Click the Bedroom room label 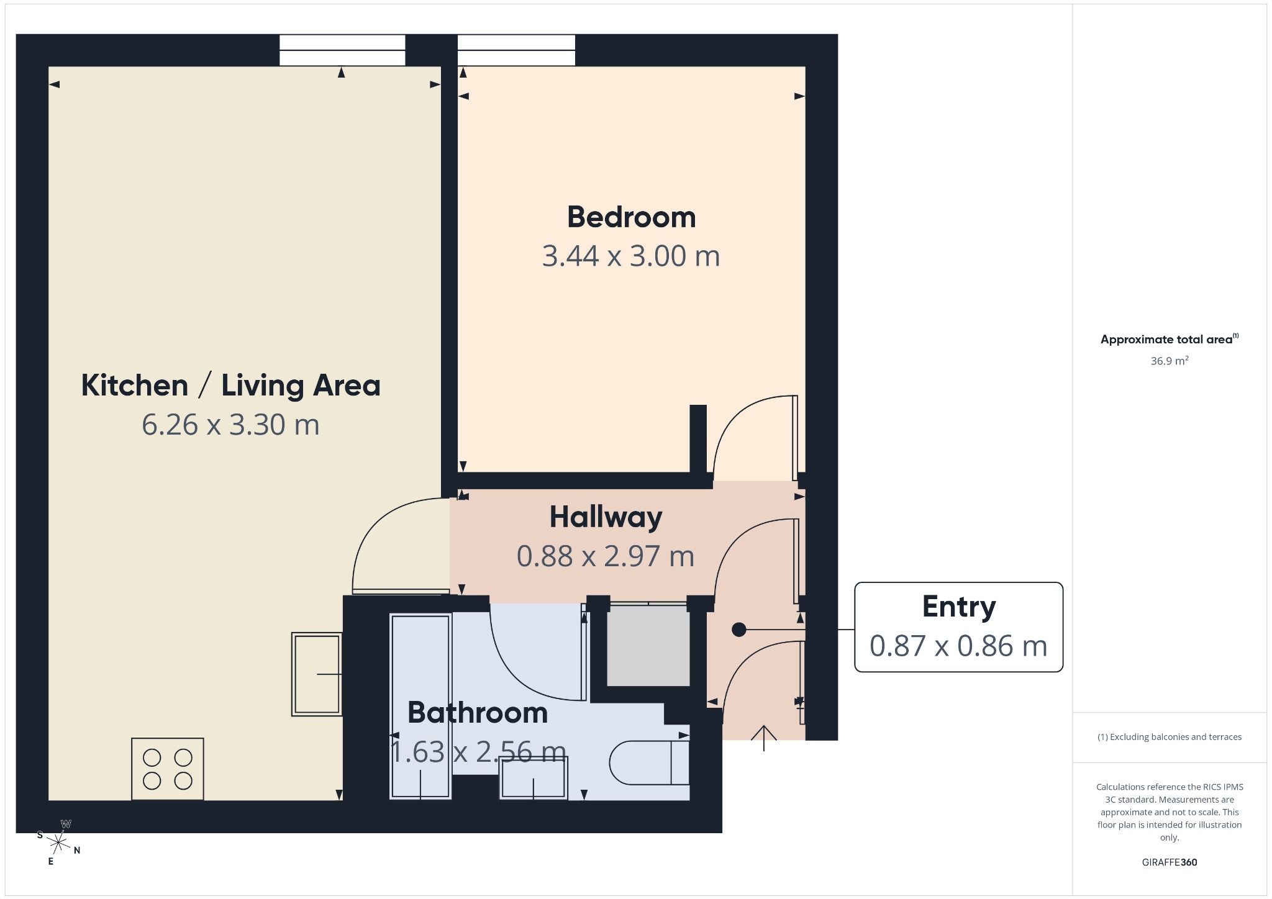(631, 217)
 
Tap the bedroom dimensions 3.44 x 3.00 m (631, 256)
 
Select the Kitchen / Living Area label (230, 385)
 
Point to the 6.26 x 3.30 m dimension (230, 425)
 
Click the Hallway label (606, 518)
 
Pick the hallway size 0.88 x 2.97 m (606, 556)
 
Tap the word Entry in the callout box (959, 607)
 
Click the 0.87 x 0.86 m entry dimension (958, 646)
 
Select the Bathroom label (478, 712)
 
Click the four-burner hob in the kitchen (168, 769)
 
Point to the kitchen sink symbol (317, 674)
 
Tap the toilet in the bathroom (649, 762)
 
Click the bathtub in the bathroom (420, 707)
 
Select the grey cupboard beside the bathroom (648, 646)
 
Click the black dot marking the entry (738, 630)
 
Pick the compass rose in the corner (58, 843)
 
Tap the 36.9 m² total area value (1170, 361)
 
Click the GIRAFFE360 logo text (1170, 862)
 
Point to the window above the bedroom (516, 50)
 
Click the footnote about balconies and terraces (1170, 737)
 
